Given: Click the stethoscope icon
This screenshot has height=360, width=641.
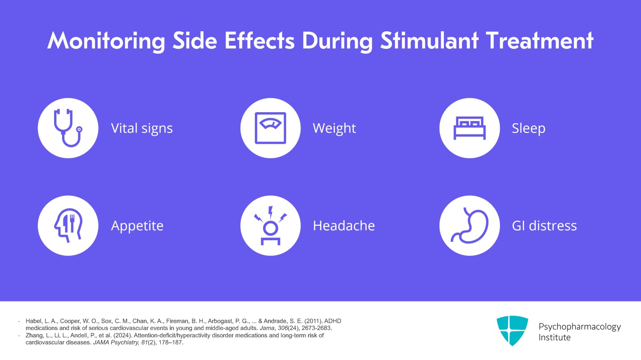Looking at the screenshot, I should [x=68, y=128].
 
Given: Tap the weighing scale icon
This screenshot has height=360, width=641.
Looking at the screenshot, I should [x=270, y=128].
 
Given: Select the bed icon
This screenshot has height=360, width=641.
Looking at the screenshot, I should [x=470, y=128].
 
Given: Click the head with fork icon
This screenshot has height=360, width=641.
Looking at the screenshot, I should [x=68, y=225].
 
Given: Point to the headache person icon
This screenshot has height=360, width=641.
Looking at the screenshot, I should [x=270, y=225].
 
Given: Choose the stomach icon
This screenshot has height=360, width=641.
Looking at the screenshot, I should [x=470, y=225].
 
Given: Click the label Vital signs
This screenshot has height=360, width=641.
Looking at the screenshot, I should [x=142, y=129].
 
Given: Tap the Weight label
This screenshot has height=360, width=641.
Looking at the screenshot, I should [x=334, y=129].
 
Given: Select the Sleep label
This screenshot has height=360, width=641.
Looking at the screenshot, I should [x=528, y=129].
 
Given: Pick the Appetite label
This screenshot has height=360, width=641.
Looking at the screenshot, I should [x=137, y=226].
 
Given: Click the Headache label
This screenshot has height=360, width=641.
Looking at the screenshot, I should [x=344, y=226].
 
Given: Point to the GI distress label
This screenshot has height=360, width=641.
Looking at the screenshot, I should [x=544, y=226].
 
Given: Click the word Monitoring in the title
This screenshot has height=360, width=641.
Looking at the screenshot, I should [x=106, y=41].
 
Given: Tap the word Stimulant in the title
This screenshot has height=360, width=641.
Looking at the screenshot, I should [x=429, y=40].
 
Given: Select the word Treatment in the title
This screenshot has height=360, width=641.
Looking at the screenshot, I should [x=539, y=40].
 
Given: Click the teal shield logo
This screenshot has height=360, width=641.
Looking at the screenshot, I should [x=512, y=330].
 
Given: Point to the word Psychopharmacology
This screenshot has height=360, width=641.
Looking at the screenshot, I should [x=579, y=327].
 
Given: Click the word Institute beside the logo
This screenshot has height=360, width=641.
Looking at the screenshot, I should [x=554, y=338].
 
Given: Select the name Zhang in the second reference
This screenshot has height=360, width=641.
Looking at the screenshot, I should [x=34, y=336].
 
